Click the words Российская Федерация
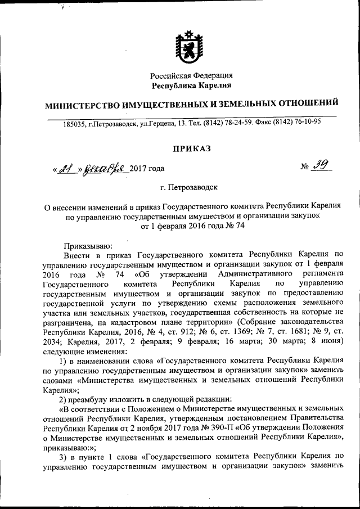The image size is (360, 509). click(x=192, y=75)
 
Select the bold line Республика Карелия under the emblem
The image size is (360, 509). click(x=191, y=85)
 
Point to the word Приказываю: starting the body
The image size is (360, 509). click(x=88, y=245)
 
